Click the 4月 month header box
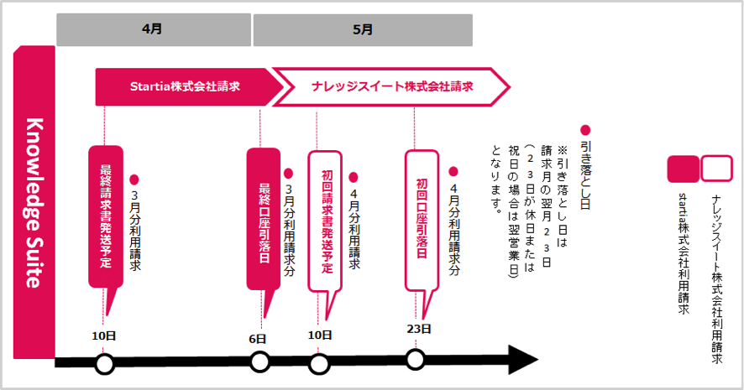click(x=154, y=29)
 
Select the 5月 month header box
click(x=362, y=29)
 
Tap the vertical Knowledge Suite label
click(x=34, y=201)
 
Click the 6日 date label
click(x=258, y=338)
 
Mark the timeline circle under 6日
click(x=260, y=362)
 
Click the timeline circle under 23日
click(x=415, y=359)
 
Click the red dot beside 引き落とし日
click(x=585, y=131)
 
